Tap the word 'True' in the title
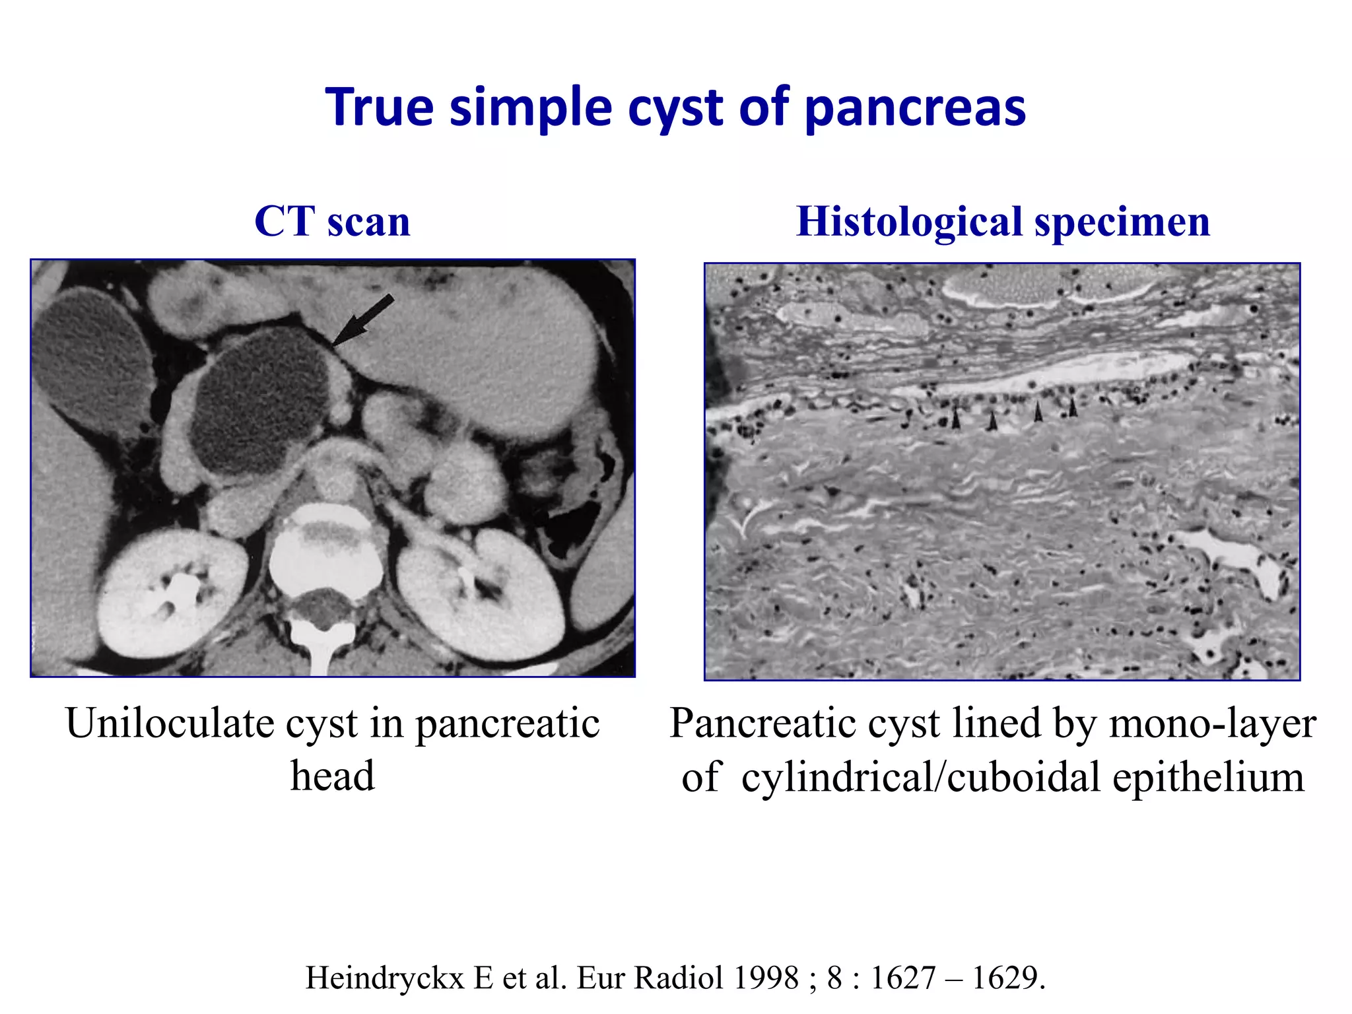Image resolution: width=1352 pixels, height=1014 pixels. pyautogui.click(x=380, y=106)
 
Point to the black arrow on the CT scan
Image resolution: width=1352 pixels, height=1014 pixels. pyautogui.click(x=363, y=320)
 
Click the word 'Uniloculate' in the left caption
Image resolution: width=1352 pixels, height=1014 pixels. pyautogui.click(x=170, y=724)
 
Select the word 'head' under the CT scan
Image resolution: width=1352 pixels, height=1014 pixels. pyautogui.click(x=332, y=776)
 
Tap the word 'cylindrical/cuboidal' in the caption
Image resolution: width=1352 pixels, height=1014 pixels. pyautogui.click(x=921, y=778)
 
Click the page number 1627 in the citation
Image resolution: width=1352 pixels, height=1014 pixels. pyautogui.click(x=902, y=978)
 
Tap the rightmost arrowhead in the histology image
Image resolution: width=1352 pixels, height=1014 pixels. pyautogui.click(x=1073, y=407)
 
